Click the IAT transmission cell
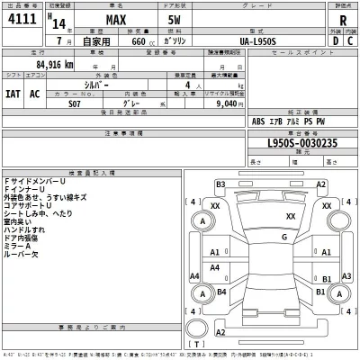[14, 93]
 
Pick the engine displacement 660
[138, 40]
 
